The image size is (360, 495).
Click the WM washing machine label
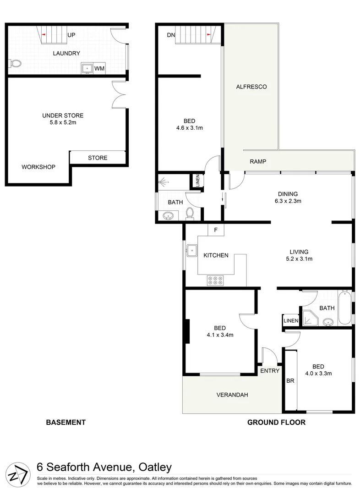click(99, 69)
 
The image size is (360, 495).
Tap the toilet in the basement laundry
click(15, 64)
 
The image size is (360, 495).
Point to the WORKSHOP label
click(38, 167)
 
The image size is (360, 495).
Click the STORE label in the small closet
click(98, 158)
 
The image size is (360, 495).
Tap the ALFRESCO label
click(251, 87)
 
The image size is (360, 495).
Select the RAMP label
click(258, 161)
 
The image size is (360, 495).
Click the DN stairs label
click(171, 35)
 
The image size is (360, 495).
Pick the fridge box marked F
click(216, 230)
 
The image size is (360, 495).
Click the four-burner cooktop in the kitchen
click(215, 280)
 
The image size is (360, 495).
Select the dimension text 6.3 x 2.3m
click(288, 201)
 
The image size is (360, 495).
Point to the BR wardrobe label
click(290, 380)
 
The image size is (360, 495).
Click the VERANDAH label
click(232, 395)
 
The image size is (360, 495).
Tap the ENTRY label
click(269, 371)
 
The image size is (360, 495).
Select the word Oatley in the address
click(153, 467)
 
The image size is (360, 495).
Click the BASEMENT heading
click(66, 423)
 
